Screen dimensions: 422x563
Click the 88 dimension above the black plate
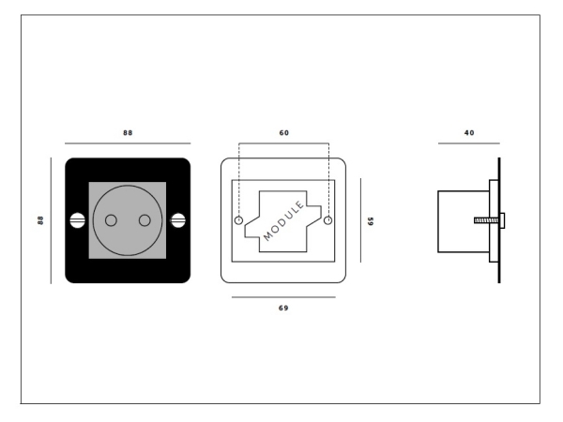[128, 133]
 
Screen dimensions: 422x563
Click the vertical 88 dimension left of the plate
[40, 220]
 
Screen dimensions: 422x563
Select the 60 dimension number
[283, 133]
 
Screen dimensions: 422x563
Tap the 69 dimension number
[283, 308]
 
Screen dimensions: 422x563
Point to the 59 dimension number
[370, 221]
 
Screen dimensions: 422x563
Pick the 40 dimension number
[468, 133]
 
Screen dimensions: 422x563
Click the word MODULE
[283, 221]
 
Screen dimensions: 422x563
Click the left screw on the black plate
[77, 220]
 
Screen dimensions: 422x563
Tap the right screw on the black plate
[178, 220]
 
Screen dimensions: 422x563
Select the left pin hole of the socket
[111, 220]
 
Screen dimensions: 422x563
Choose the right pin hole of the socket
[145, 220]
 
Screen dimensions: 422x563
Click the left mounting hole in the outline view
[238, 221]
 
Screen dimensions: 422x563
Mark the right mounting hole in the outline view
[328, 221]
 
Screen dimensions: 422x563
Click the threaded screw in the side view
[485, 220]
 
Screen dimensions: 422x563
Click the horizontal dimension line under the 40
[468, 143]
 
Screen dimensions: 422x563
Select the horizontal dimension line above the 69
[283, 297]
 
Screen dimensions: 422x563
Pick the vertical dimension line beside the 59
[360, 221]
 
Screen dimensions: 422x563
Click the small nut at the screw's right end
[503, 220]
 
